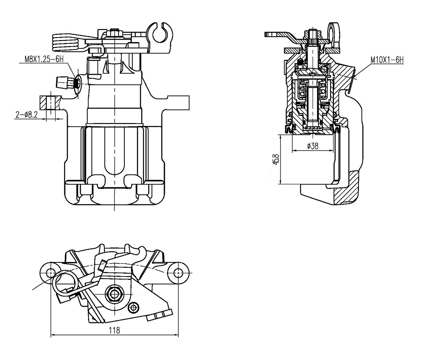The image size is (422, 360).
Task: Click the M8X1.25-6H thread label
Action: click(x=44, y=59)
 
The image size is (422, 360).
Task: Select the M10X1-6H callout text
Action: click(x=387, y=60)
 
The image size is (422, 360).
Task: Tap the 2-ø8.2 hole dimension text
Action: click(x=27, y=115)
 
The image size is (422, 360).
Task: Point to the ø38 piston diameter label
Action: click(x=313, y=146)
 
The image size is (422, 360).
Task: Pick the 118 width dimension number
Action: click(x=114, y=330)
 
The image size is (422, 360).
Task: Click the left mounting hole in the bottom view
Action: click(x=51, y=272)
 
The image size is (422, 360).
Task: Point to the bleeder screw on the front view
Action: click(x=65, y=81)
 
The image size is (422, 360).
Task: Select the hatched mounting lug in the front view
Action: click(x=51, y=102)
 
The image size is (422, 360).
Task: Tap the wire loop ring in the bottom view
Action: click(x=65, y=282)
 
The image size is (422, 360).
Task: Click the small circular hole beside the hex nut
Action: click(x=134, y=307)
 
